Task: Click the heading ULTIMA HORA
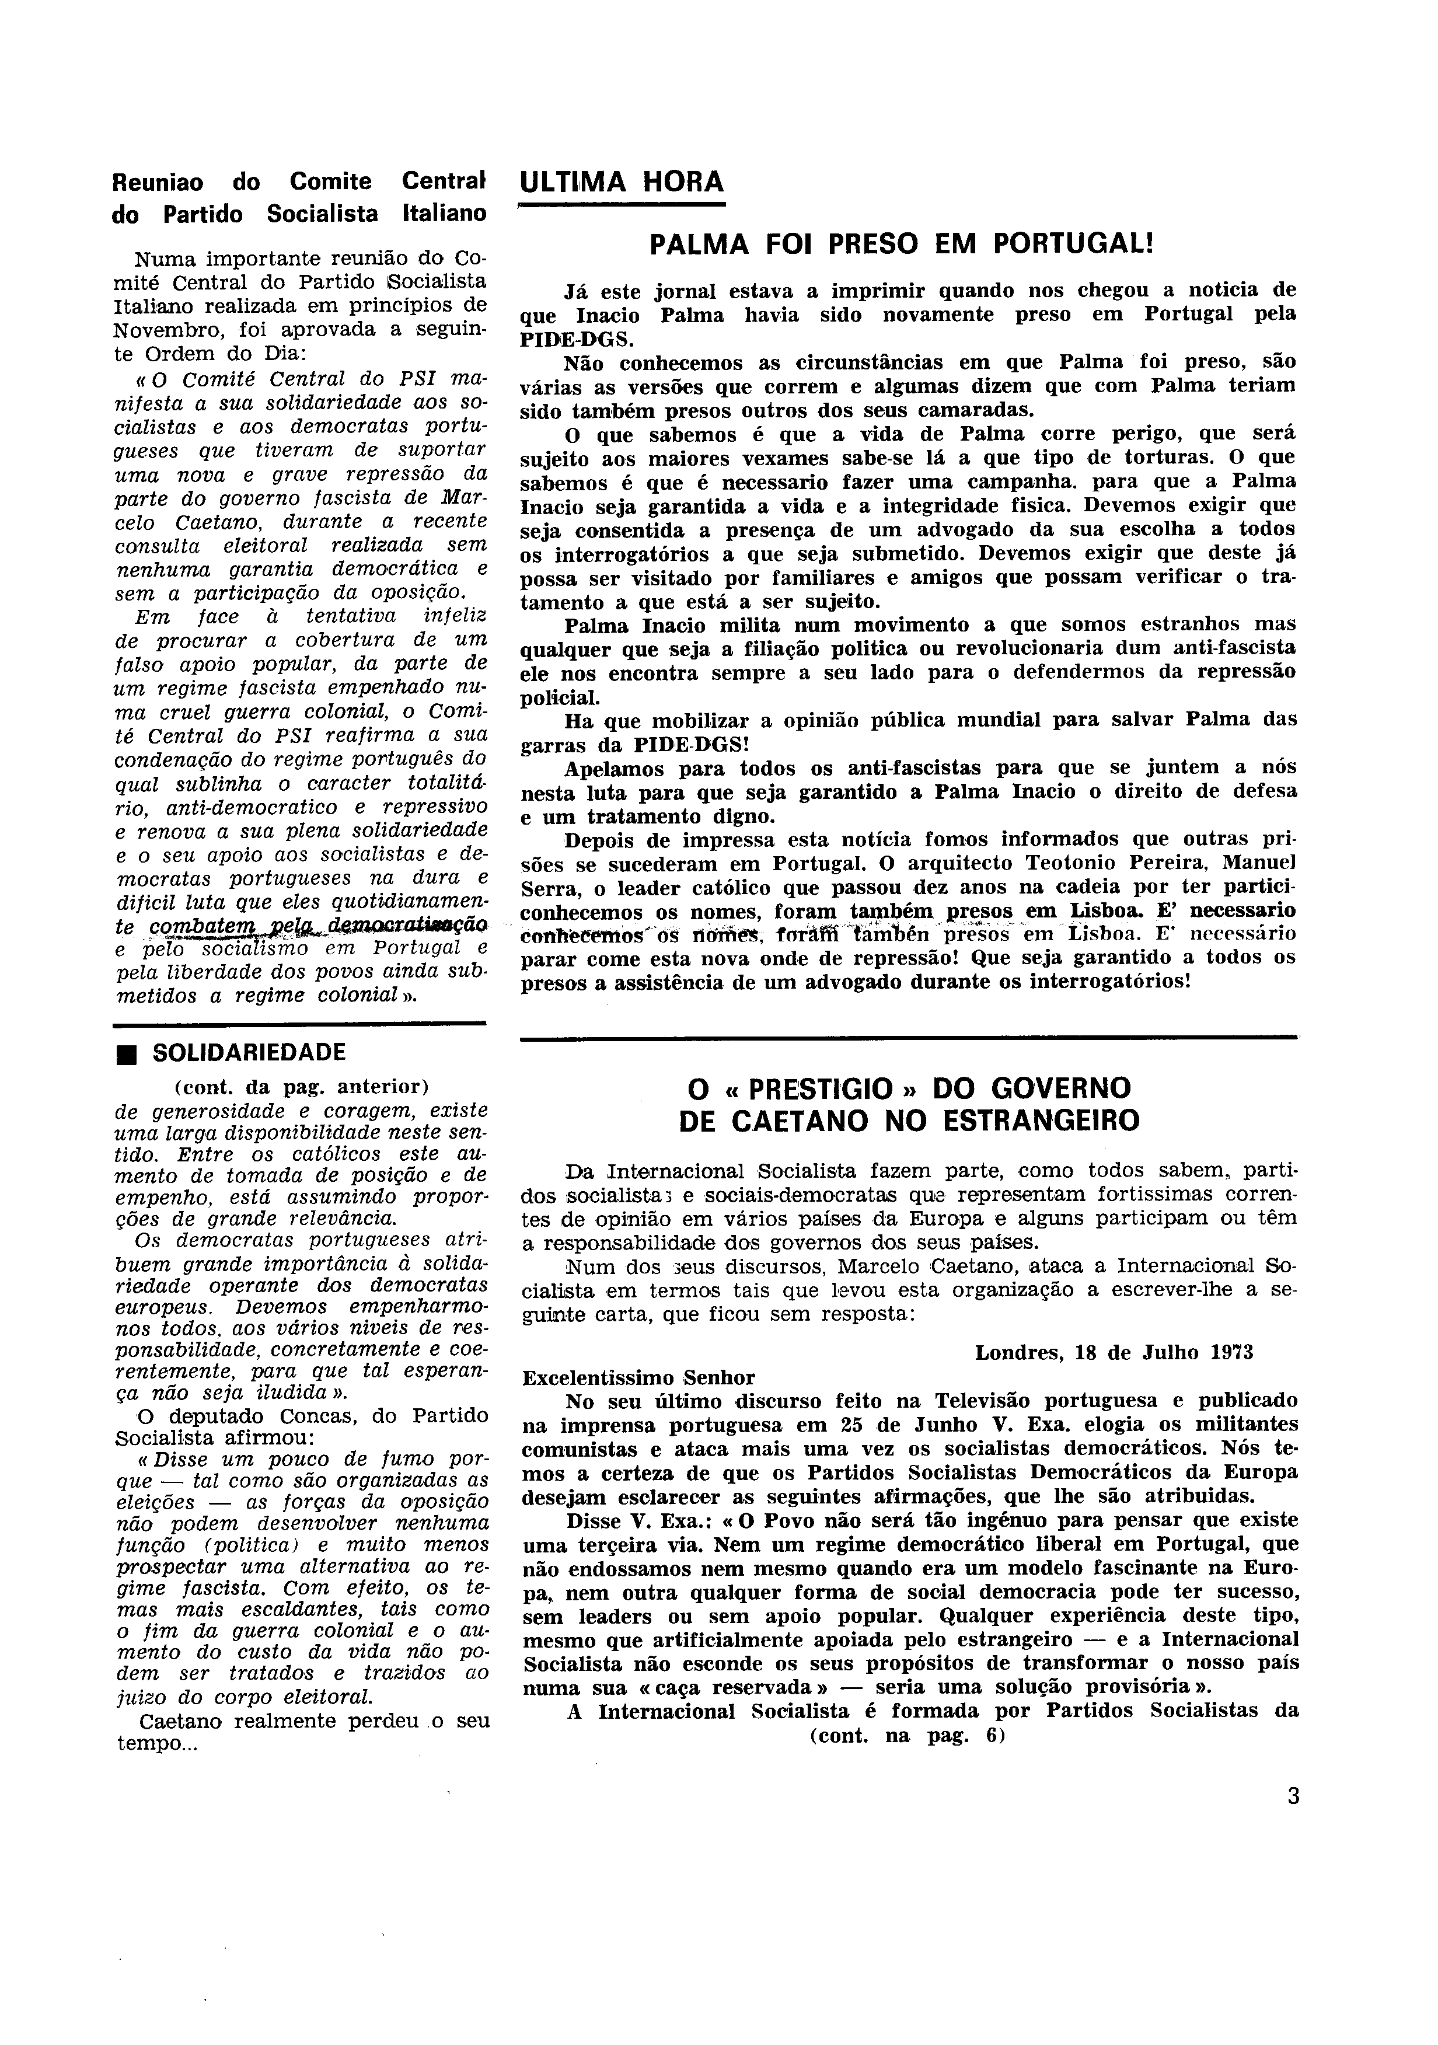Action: click(622, 182)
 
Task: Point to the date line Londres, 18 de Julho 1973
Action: click(1114, 1352)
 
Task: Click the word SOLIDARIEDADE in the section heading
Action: click(249, 1053)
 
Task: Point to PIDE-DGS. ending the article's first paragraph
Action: click(577, 338)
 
